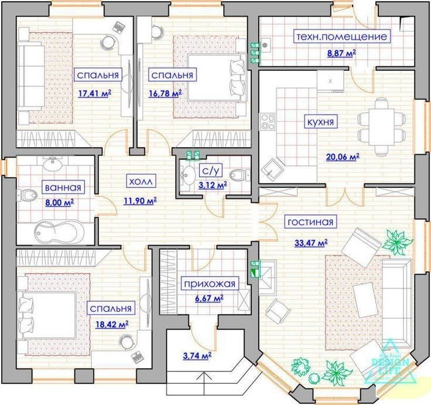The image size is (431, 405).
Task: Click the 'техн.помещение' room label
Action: [342, 36]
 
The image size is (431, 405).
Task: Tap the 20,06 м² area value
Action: [343, 157]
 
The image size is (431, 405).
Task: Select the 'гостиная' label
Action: [310, 222]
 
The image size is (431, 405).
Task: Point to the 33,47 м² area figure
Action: [311, 243]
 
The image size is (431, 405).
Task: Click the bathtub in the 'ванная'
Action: [59, 232]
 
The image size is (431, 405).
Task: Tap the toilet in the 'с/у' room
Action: [240, 175]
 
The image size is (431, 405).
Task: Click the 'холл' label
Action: [141, 181]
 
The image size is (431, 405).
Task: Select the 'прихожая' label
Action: [210, 284]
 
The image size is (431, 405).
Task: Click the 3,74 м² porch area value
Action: [197, 356]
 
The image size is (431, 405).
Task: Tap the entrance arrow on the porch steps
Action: [204, 383]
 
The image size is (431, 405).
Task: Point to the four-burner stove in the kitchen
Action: [268, 121]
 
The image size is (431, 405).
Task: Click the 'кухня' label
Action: [320, 122]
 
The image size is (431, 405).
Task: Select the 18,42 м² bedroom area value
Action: [112, 324]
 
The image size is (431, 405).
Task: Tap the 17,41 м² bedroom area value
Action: [94, 94]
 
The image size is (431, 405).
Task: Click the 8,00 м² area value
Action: [59, 203]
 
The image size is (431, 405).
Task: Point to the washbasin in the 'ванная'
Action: [53, 164]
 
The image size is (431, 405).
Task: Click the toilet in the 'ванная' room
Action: [27, 195]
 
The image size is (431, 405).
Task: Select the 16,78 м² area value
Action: [165, 94]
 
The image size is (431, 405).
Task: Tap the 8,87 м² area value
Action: [341, 53]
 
